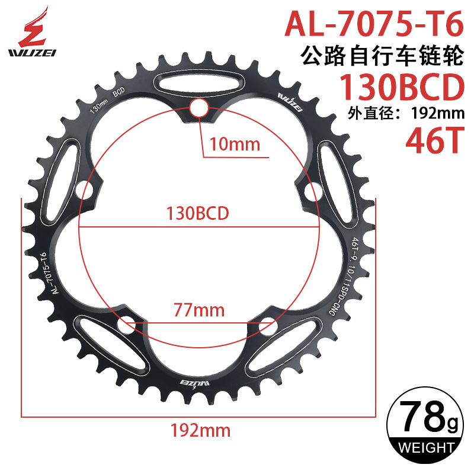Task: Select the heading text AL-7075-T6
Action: (373, 23)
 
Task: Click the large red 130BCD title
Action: (399, 88)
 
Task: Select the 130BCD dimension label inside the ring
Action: (198, 213)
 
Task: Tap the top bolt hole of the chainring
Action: (198, 108)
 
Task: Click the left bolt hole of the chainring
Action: (86, 190)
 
